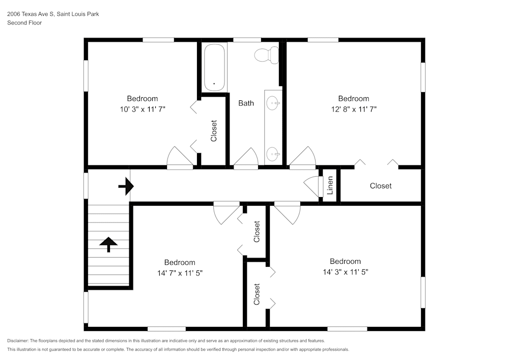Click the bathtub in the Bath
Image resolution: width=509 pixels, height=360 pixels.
214,68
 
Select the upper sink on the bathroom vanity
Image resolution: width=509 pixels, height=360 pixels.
274,104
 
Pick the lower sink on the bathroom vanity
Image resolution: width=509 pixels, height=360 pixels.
273,152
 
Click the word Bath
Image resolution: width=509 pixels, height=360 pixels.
246,103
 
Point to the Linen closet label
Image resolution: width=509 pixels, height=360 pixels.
330,185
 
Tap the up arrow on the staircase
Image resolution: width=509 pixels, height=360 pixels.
108,244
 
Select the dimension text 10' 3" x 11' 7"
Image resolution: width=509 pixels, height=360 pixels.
142,109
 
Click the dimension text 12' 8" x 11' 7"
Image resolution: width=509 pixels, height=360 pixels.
353,109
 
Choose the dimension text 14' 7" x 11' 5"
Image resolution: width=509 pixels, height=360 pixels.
180,273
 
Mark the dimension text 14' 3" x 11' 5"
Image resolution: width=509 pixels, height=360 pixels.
345,272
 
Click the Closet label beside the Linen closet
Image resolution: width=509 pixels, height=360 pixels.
380,186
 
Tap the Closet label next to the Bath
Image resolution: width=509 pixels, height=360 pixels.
214,131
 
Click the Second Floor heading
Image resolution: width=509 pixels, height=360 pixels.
24,23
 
